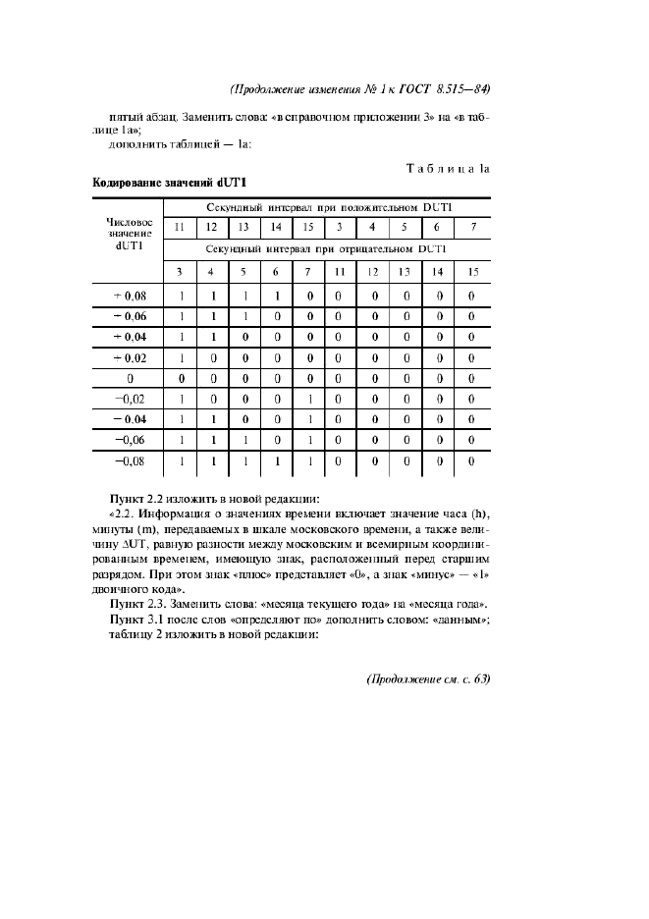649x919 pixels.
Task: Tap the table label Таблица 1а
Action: [448, 169]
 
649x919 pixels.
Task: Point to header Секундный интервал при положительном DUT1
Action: [329, 207]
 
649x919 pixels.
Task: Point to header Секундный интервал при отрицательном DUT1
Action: [329, 249]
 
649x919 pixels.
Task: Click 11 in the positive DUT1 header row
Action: [179, 228]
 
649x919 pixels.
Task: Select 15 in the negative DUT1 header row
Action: [472, 271]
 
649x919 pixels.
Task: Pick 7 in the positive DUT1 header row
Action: [472, 228]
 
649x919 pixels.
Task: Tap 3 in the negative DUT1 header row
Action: [179, 271]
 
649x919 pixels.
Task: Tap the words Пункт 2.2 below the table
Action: [136, 500]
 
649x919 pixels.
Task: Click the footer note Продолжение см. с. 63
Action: [428, 678]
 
